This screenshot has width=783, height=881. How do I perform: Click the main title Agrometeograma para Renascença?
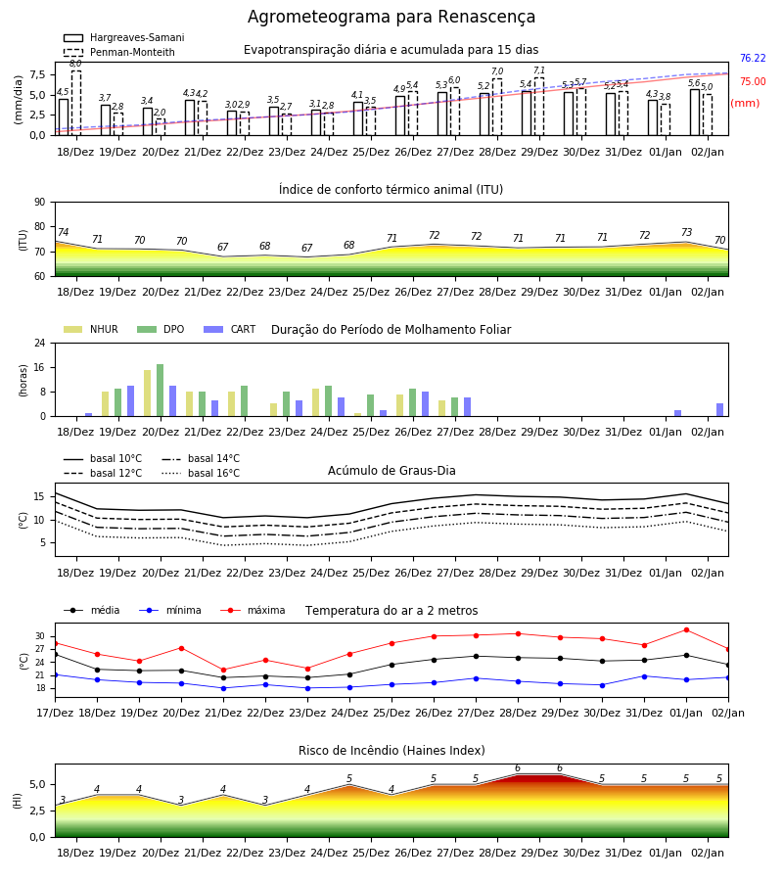coord(391,17)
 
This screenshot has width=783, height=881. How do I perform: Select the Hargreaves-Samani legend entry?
coord(123,37)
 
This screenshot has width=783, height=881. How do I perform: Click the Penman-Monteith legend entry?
coord(119,52)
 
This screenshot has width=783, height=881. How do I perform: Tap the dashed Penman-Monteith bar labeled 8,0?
coord(75,103)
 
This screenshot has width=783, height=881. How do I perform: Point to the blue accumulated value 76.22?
coord(753,58)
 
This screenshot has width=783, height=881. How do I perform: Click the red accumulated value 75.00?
coord(753,81)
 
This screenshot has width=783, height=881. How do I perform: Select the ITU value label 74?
coord(63,232)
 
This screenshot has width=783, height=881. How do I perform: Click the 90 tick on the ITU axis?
coord(40,203)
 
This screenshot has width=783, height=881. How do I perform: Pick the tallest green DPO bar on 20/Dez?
coord(161,391)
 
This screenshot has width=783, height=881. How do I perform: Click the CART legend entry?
coord(230,329)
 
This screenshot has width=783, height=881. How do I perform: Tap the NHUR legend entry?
coord(91,329)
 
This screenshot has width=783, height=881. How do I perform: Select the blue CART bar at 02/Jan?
coord(720,410)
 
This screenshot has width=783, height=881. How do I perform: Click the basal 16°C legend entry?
coord(201,473)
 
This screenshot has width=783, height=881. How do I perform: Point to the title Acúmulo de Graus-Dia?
coord(391,471)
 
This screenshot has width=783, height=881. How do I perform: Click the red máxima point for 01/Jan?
coord(686,629)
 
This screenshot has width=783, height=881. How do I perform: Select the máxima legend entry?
coord(253,610)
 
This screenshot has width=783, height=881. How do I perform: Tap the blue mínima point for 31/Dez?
coord(644,676)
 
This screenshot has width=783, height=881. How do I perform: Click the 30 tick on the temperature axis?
coord(40,636)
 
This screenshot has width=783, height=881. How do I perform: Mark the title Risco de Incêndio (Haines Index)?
coord(391,751)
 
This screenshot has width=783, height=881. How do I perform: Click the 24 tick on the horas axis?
coord(40,343)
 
